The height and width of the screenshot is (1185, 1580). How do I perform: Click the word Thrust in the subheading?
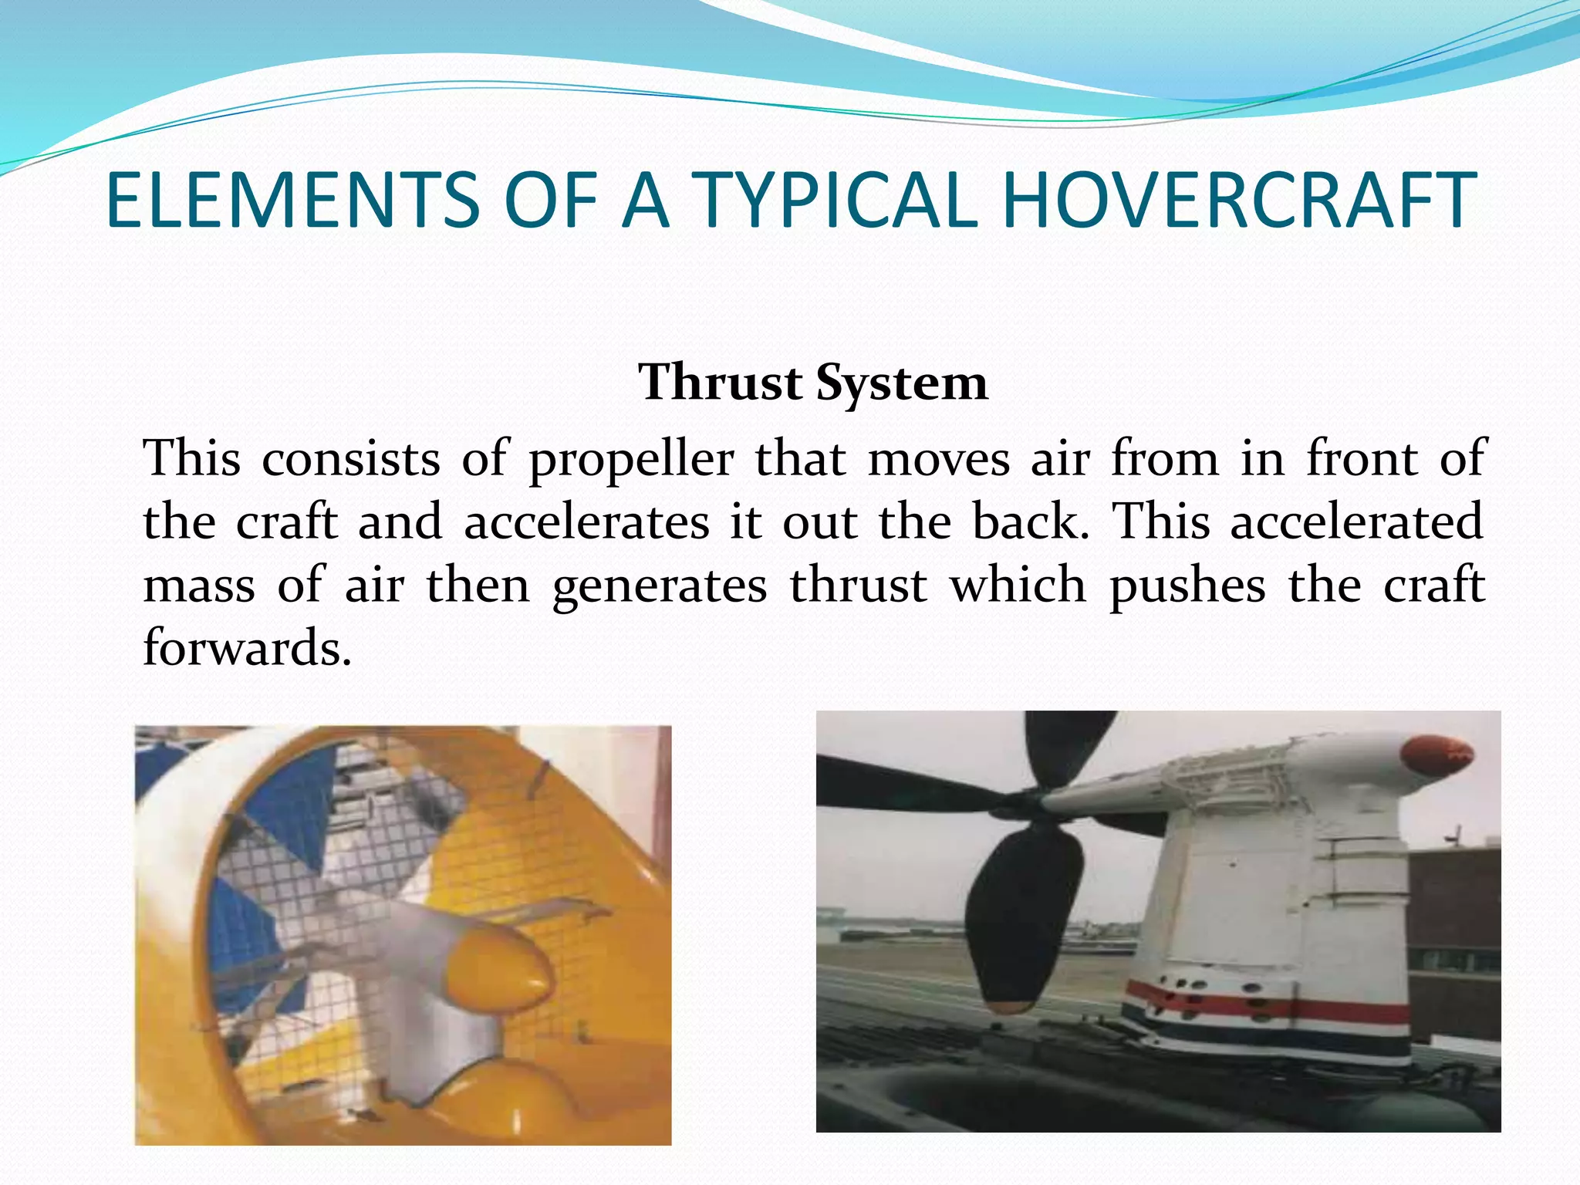721,383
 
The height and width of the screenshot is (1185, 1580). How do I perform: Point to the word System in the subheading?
901,384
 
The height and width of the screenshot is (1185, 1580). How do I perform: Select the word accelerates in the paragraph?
586,522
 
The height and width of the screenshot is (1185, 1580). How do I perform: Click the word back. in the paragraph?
1030,522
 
